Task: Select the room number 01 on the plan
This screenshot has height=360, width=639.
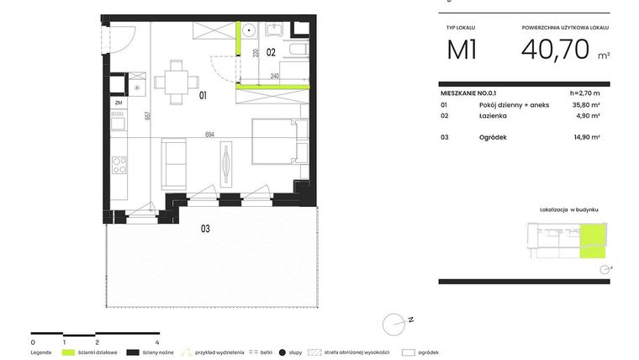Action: point(203,96)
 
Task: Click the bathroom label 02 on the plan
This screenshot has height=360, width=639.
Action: point(271,51)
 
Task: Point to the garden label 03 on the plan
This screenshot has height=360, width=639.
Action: point(204,228)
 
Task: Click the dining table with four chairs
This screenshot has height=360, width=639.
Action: point(177,82)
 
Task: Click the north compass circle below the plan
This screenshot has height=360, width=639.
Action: point(393,323)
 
